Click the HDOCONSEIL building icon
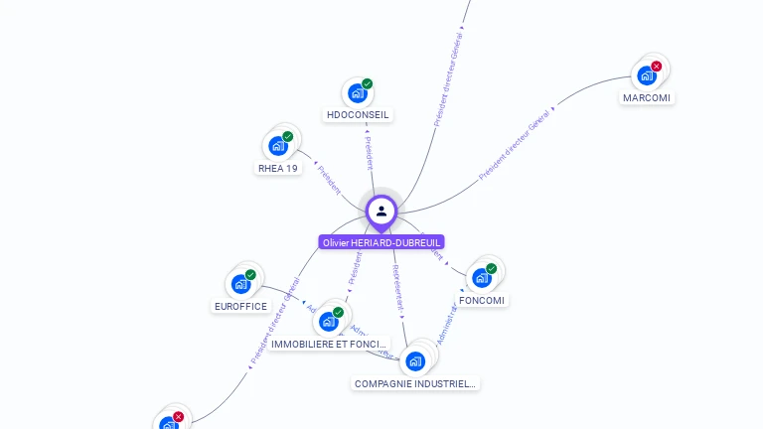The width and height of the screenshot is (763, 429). [x=357, y=93]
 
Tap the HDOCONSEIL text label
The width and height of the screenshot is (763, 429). [x=359, y=115]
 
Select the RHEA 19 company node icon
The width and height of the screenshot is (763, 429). [x=278, y=146]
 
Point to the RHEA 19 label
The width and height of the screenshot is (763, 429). [x=278, y=169]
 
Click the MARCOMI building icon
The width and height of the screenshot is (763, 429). [x=647, y=75]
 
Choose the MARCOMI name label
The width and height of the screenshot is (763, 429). [x=647, y=98]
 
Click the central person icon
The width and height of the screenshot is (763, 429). [x=381, y=211]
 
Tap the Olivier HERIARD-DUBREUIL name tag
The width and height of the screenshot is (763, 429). [x=381, y=242]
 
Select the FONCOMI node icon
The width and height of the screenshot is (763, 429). [x=482, y=277]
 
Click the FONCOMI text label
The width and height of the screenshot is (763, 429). [x=482, y=301]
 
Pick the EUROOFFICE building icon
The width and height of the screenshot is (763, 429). [x=240, y=284]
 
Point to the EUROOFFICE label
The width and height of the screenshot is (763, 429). [x=241, y=307]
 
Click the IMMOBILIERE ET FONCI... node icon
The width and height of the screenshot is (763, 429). [x=328, y=322]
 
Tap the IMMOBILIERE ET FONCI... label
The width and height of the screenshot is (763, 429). [x=329, y=345]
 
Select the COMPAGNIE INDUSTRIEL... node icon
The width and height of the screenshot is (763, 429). [x=415, y=360]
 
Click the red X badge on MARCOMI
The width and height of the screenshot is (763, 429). [x=657, y=67]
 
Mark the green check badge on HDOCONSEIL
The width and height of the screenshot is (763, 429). [x=368, y=84]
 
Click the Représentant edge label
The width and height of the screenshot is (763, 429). [x=398, y=284]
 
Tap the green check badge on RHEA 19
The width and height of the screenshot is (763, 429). [x=288, y=137]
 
